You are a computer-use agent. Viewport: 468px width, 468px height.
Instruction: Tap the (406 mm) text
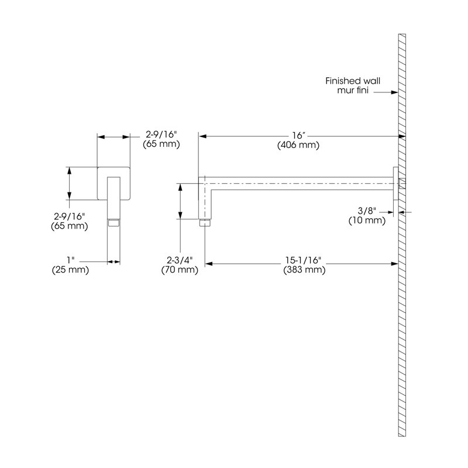tap(298, 145)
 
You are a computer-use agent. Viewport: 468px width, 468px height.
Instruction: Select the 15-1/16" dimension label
tap(304, 260)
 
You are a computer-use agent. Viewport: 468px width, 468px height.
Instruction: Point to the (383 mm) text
tap(304, 270)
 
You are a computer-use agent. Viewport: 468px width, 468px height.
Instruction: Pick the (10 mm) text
tap(367, 221)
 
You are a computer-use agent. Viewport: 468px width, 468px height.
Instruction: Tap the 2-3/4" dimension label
tap(180, 260)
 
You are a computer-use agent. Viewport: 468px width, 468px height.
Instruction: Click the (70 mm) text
tap(180, 270)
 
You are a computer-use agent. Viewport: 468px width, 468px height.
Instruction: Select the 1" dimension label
tap(71, 260)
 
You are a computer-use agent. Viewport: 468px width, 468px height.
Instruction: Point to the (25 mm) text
tap(70, 270)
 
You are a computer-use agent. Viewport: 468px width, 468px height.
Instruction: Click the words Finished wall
tap(353, 81)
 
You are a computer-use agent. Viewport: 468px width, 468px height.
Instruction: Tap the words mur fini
tap(353, 90)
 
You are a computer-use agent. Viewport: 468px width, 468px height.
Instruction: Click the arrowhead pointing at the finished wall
tap(394, 92)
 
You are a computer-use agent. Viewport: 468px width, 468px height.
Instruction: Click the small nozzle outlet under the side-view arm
tap(205, 223)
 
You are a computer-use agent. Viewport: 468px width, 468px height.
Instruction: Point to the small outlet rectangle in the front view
tap(113, 223)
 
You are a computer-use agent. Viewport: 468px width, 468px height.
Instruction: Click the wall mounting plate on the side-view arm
tap(395, 183)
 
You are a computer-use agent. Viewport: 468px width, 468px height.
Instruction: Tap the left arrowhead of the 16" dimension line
tap(202, 136)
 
